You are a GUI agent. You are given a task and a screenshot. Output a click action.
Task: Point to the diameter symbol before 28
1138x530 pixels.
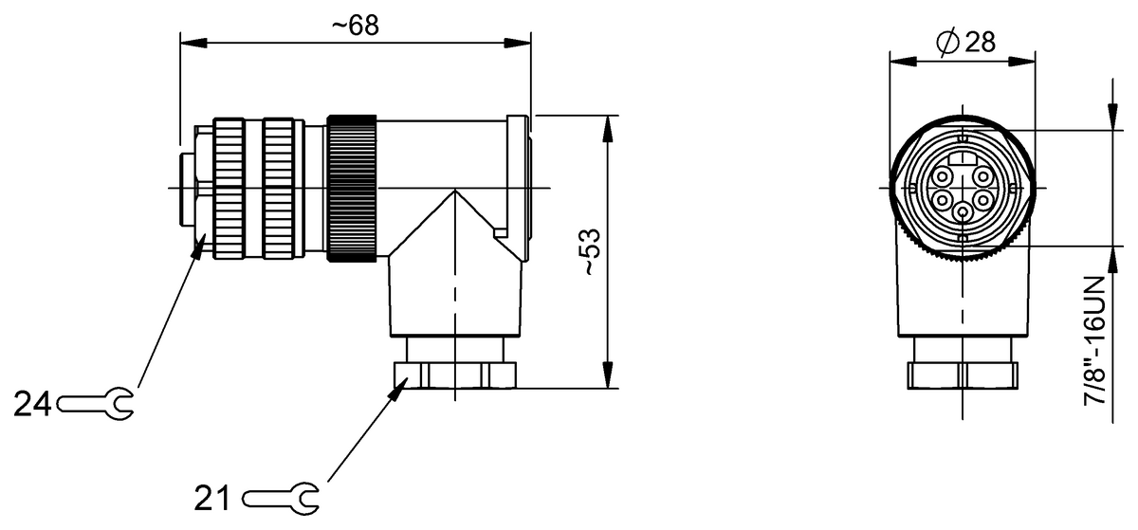946,43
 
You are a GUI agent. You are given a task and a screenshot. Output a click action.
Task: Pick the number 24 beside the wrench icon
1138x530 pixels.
31,405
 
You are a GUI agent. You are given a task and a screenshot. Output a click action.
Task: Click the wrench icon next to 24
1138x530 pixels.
96,405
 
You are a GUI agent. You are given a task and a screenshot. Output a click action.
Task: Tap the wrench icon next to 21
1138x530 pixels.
282,497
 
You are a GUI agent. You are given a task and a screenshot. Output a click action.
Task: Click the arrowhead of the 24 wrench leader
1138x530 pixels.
201,245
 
